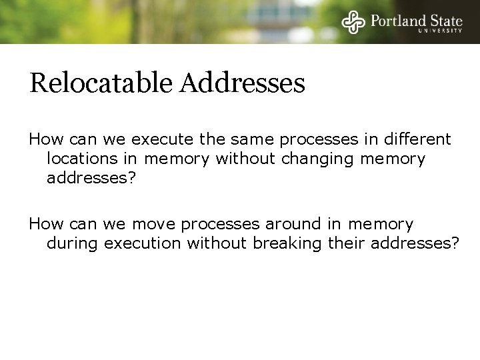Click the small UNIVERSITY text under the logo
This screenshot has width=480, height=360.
(440, 30)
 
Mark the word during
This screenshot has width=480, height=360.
(73, 243)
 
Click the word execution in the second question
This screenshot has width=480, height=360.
(142, 243)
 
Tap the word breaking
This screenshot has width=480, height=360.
(289, 243)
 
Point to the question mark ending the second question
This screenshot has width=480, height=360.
(455, 243)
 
